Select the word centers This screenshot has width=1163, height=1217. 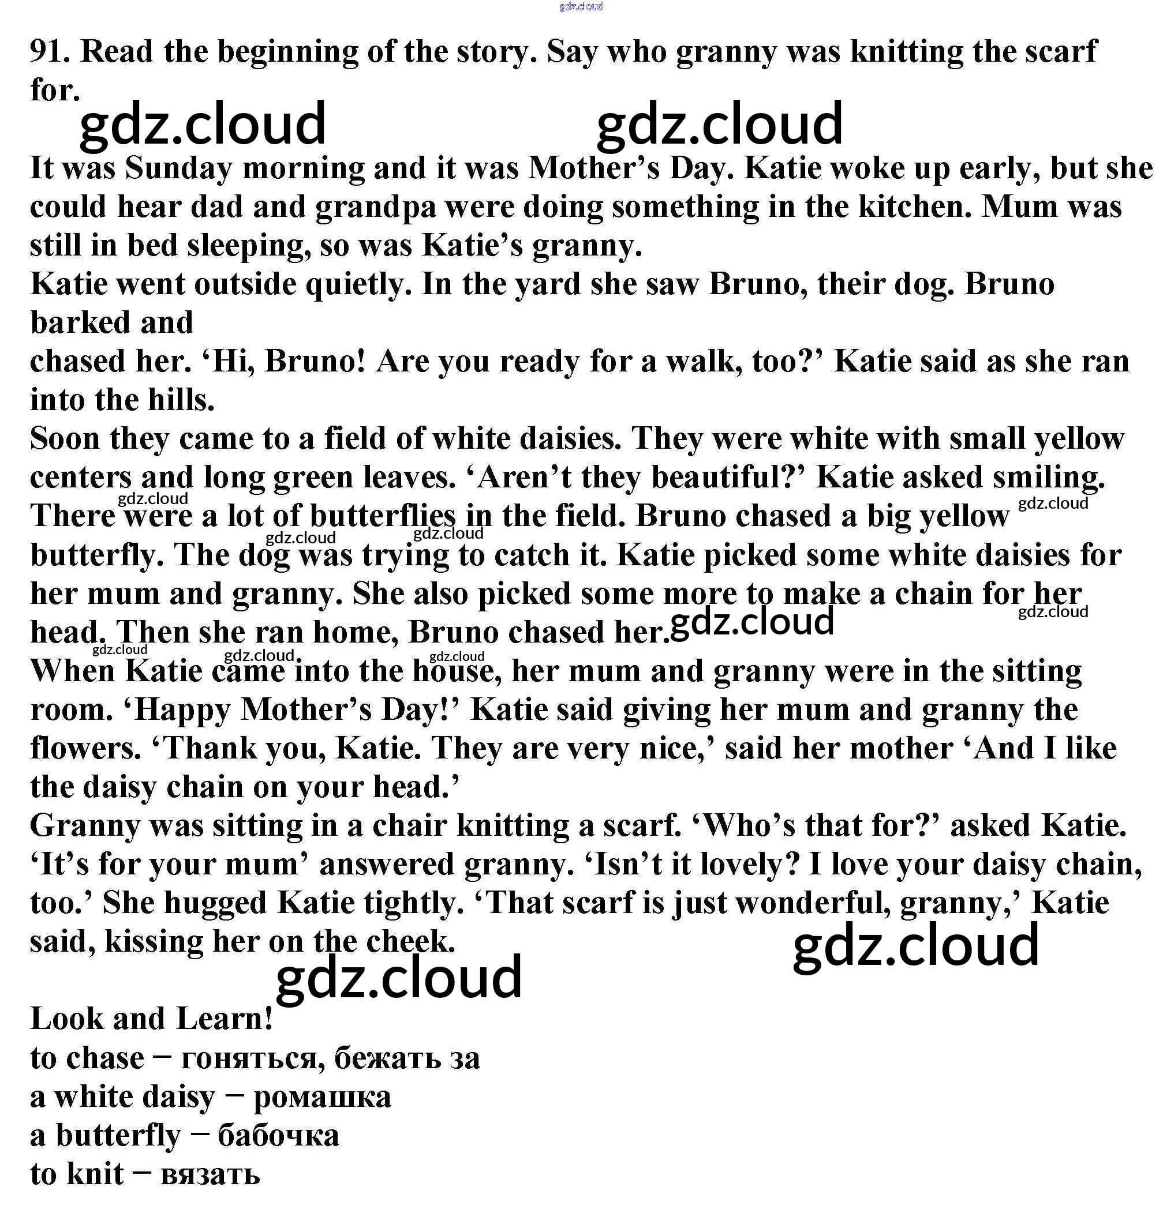81,478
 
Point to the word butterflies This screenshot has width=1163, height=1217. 383,516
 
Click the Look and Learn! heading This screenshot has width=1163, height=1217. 151,1019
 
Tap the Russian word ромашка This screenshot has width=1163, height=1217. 323,1097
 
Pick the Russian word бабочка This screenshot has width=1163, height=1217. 278,1136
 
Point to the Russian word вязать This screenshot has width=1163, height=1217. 210,1174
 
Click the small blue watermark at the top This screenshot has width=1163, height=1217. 581,7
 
